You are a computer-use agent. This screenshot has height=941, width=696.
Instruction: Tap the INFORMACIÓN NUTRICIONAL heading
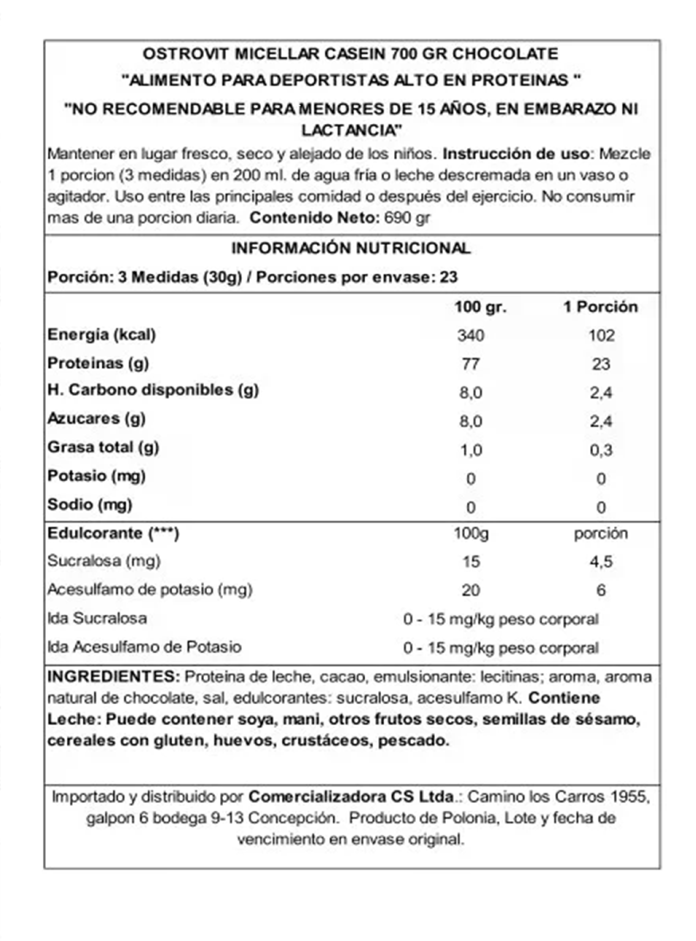351,248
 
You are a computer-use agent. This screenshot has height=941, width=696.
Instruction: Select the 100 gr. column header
480,307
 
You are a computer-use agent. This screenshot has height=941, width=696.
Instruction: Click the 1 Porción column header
601,307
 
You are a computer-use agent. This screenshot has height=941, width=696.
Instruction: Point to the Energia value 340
471,336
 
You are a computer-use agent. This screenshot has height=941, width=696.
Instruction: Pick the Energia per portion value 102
601,336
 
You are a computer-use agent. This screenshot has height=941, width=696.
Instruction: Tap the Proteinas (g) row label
98,363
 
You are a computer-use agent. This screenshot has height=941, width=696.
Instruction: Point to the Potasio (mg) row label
97,476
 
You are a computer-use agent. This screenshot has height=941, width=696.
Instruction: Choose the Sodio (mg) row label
90,504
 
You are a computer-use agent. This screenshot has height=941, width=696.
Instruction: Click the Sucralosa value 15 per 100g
471,562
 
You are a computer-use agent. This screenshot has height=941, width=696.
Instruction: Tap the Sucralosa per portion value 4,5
601,562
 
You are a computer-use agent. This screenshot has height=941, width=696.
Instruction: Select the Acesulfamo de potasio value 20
471,590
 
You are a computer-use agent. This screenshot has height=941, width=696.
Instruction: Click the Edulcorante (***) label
113,533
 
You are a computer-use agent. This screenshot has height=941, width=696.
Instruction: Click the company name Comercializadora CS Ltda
351,797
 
